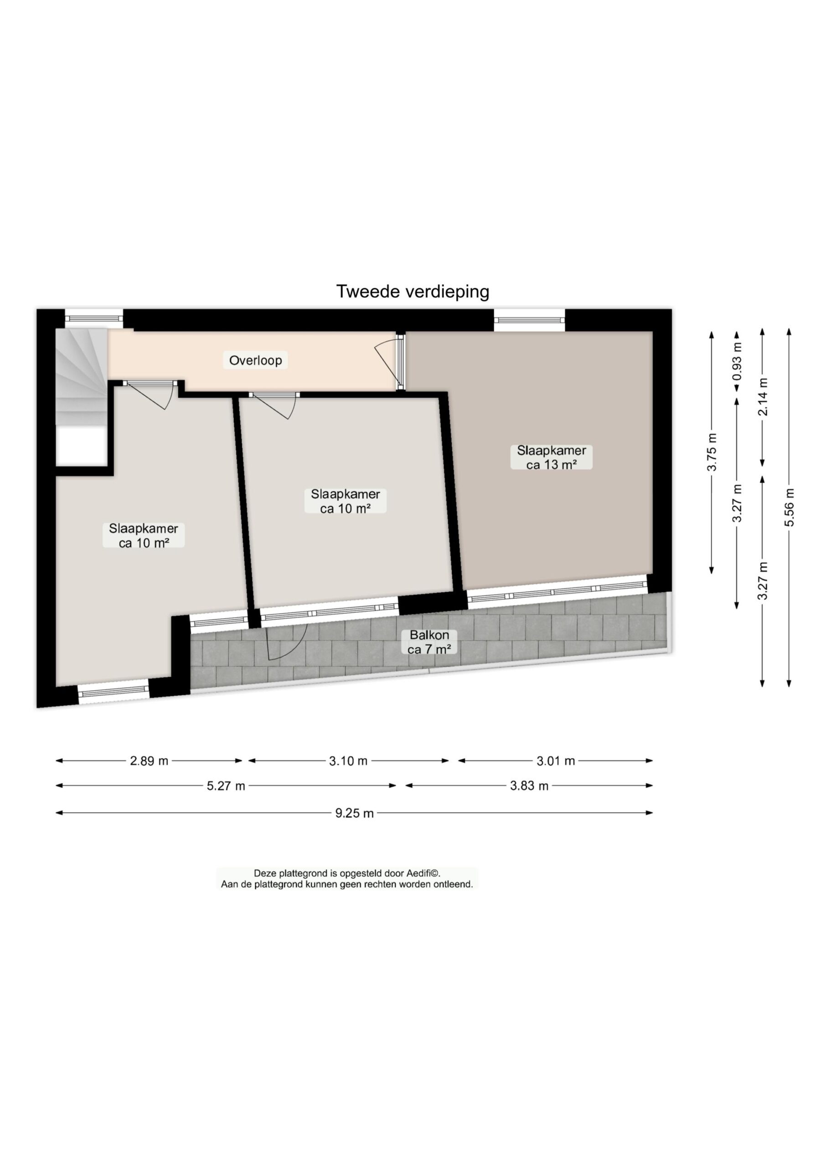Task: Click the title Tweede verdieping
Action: pos(413,292)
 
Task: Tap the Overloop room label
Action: pos(255,360)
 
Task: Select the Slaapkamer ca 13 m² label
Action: pos(551,457)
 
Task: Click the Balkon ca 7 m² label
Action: pos(430,642)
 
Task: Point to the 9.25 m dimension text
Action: pos(354,813)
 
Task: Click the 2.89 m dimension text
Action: pos(149,761)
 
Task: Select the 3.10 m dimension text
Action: pos(348,761)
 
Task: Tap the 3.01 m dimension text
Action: pos(555,761)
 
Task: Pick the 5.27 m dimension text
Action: pos(226,786)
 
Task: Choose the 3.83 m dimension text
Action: pos(529,786)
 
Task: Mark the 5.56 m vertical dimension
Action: pos(789,507)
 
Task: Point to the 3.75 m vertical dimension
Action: pos(712,452)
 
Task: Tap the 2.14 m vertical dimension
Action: pos(763,396)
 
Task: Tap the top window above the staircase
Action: pos(93,319)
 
